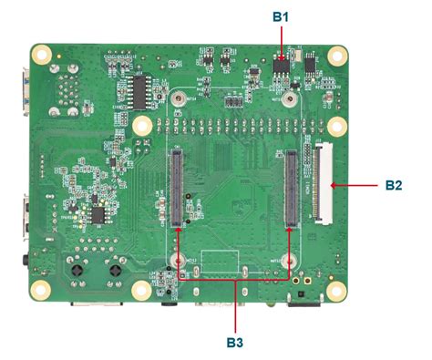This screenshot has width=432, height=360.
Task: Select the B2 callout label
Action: point(394,185)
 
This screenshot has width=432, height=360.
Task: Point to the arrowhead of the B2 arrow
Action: point(334,185)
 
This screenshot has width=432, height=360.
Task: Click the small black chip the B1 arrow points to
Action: point(283,67)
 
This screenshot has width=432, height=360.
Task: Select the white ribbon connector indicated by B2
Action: point(322,182)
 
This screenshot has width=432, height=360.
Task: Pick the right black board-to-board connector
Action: point(291,188)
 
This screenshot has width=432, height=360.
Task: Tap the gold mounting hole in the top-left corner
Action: point(41,53)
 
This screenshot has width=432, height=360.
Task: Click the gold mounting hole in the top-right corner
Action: point(345,53)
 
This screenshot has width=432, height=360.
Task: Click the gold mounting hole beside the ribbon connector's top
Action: point(336,126)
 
